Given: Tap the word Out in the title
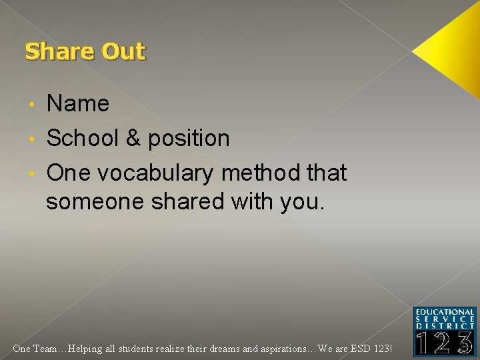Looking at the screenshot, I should (123, 51).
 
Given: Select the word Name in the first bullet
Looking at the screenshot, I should (77, 103).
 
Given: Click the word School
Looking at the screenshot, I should (83, 138).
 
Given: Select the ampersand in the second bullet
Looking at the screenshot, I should (133, 138).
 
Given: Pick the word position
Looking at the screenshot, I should (189, 139).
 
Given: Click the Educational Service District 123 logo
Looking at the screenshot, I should (445, 331).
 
